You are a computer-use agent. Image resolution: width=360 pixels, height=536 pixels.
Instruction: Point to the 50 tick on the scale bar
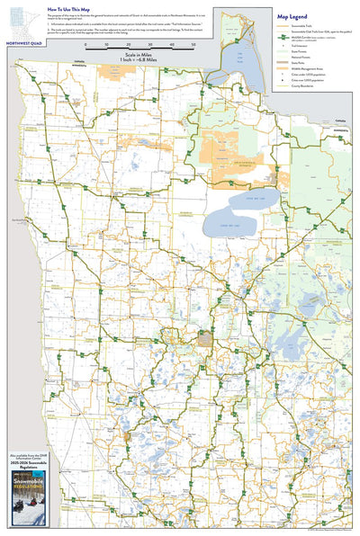[x=194, y=44]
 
